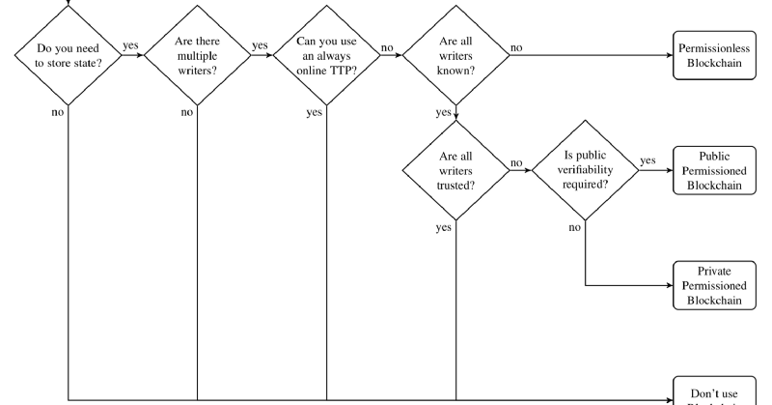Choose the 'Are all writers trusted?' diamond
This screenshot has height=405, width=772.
(x=455, y=170)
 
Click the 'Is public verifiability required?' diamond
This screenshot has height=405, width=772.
(x=586, y=170)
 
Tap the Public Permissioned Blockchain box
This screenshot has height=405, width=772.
(x=714, y=171)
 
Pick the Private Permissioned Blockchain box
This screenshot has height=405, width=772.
(x=714, y=285)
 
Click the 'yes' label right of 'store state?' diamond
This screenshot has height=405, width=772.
(x=129, y=44)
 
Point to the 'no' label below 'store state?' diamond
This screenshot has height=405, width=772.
(x=57, y=113)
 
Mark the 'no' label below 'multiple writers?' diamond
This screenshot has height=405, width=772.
(x=187, y=113)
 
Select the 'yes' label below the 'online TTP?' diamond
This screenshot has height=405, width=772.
(x=315, y=113)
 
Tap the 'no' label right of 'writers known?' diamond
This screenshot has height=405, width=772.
(x=517, y=45)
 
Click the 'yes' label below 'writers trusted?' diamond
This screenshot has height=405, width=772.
(x=444, y=228)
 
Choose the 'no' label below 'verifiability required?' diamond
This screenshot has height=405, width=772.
(x=575, y=227)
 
